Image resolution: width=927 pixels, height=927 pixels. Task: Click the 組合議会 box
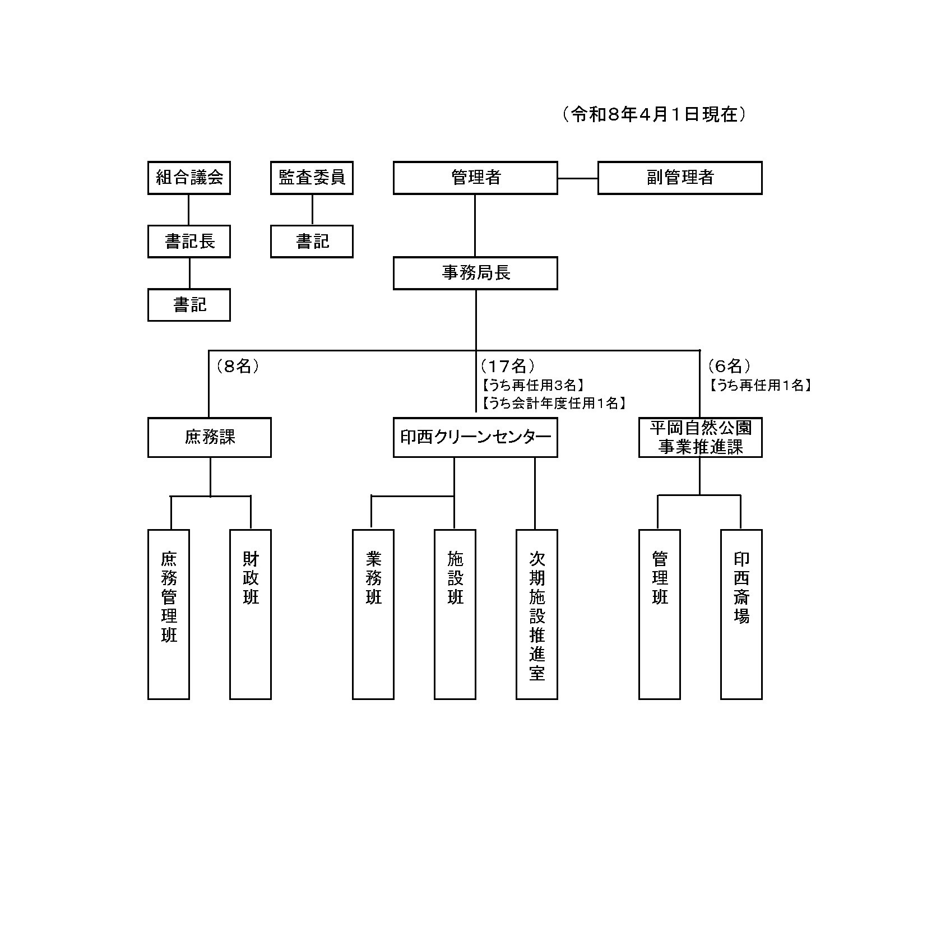[x=189, y=178]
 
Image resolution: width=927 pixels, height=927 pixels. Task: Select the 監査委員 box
[x=312, y=178]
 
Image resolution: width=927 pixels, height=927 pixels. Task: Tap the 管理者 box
[x=475, y=178]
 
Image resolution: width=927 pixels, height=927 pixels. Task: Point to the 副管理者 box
[x=679, y=178]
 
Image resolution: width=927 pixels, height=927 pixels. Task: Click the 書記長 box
[x=189, y=242]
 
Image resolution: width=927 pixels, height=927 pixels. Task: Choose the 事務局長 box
[x=475, y=273]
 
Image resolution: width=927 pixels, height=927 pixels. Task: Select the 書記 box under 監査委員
[x=312, y=242]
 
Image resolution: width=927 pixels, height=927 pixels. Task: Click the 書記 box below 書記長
[x=189, y=305]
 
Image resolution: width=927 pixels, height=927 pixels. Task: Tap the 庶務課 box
[x=209, y=437]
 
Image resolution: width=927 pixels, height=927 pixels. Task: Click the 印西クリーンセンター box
[x=475, y=437]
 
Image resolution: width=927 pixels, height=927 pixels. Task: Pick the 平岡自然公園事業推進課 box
[x=700, y=437]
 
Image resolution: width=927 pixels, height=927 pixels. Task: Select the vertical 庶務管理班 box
[x=169, y=614]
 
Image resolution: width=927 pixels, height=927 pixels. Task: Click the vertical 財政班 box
[x=251, y=614]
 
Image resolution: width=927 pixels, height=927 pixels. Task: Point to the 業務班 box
[x=373, y=614]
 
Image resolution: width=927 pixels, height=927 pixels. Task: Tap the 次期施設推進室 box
[x=536, y=614]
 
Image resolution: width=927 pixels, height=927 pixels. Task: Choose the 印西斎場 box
[x=741, y=614]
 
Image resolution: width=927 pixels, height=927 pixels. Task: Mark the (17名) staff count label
[x=507, y=366]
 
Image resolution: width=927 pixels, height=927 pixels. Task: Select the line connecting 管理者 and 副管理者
[x=577, y=178]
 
